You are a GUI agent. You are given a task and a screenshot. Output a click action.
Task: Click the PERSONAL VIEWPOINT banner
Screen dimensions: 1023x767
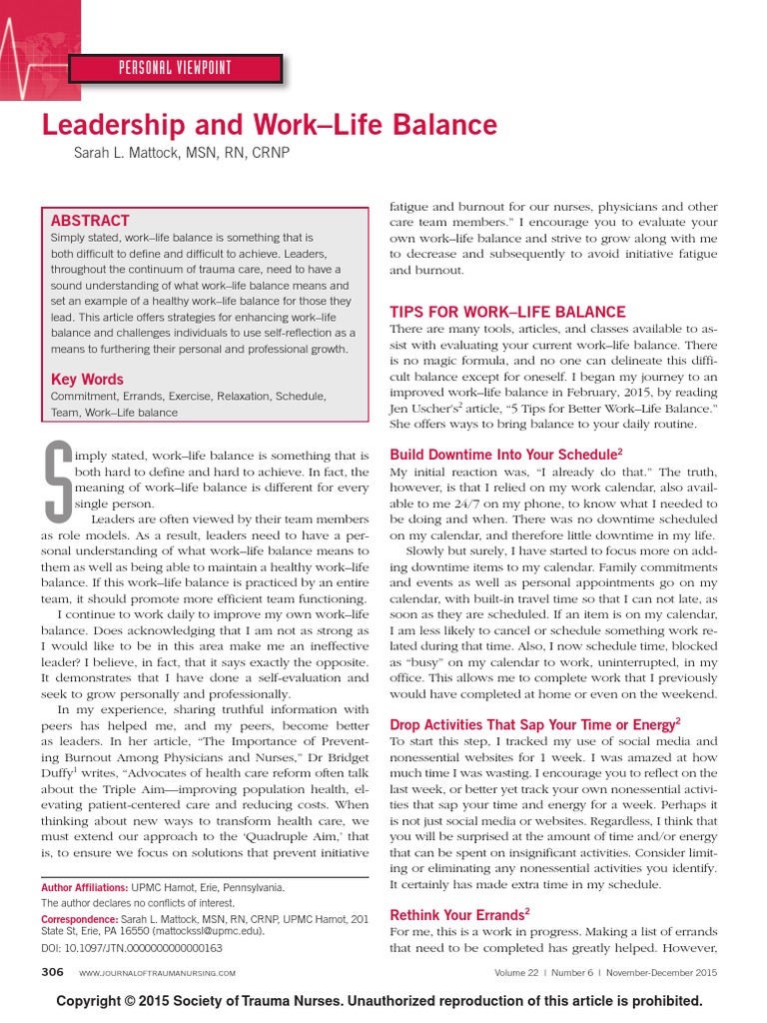coord(176,68)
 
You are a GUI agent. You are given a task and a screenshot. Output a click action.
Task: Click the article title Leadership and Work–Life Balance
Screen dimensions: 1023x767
coord(269,125)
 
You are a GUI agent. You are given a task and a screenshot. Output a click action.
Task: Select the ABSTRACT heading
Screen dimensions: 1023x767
coord(90,221)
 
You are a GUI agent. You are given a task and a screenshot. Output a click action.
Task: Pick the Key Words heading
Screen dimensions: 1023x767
coord(87,379)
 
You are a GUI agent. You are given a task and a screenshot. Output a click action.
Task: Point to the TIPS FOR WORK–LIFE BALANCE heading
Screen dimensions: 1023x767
coord(507,313)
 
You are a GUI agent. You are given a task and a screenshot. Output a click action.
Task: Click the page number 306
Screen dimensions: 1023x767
coord(52,972)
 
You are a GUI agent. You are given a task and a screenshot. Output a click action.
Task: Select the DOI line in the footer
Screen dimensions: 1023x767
coord(131,946)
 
